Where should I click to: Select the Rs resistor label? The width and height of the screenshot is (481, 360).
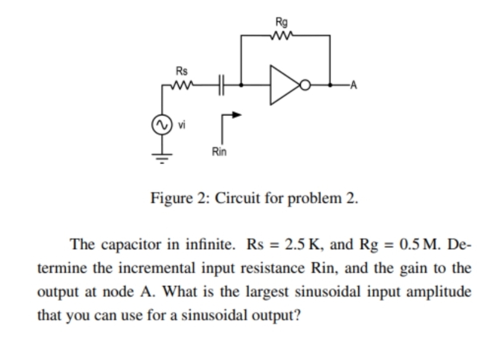point(182,72)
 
